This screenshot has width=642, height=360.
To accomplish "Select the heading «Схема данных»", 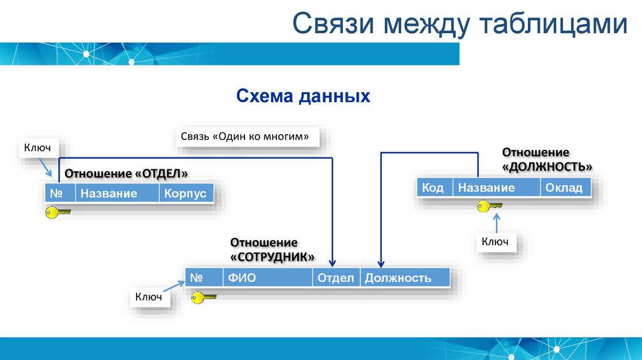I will (303, 97).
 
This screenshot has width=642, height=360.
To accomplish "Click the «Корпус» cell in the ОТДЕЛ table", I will (185, 193).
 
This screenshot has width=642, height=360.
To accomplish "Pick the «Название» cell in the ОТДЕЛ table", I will (117, 193).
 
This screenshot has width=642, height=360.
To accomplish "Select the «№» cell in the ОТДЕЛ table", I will (60, 193).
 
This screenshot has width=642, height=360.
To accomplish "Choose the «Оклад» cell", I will (564, 188).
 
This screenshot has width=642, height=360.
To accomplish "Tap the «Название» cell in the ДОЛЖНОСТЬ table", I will (497, 188).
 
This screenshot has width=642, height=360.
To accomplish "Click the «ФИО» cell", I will (267, 278).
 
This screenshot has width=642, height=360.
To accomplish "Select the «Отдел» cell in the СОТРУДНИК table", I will (335, 278).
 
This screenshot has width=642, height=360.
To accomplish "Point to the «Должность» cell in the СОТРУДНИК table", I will (404, 278).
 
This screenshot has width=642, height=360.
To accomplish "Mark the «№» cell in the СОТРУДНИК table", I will (203, 278).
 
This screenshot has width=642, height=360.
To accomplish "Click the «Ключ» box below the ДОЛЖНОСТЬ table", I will (495, 241).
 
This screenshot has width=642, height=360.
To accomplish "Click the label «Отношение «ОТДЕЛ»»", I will (127, 174).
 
